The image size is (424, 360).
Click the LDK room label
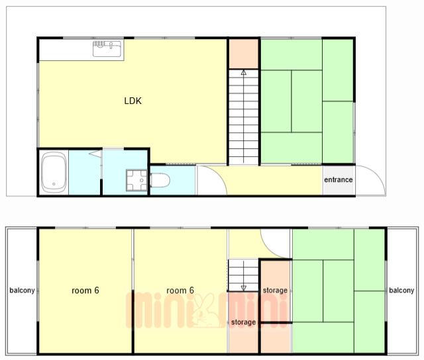(x=132, y=101)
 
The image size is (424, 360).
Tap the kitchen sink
(x=107, y=48)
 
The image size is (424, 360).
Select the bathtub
(x=54, y=172)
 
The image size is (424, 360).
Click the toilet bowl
(x=160, y=180)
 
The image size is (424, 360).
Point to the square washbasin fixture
(x=136, y=180)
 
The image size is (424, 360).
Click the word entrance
(x=339, y=179)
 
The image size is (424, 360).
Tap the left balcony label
(x=22, y=291)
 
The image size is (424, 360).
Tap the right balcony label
(x=401, y=291)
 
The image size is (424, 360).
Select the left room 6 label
(x=85, y=291)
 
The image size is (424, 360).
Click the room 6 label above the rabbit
(x=180, y=291)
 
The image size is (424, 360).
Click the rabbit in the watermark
(x=205, y=310)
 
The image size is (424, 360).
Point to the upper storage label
(x=275, y=291)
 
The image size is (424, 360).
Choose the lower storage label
(x=243, y=322)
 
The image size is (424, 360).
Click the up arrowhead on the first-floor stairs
(x=244, y=72)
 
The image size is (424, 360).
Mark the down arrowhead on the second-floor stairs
(x=244, y=288)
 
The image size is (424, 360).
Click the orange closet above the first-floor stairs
(x=244, y=54)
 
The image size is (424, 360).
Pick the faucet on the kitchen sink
(x=111, y=45)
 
